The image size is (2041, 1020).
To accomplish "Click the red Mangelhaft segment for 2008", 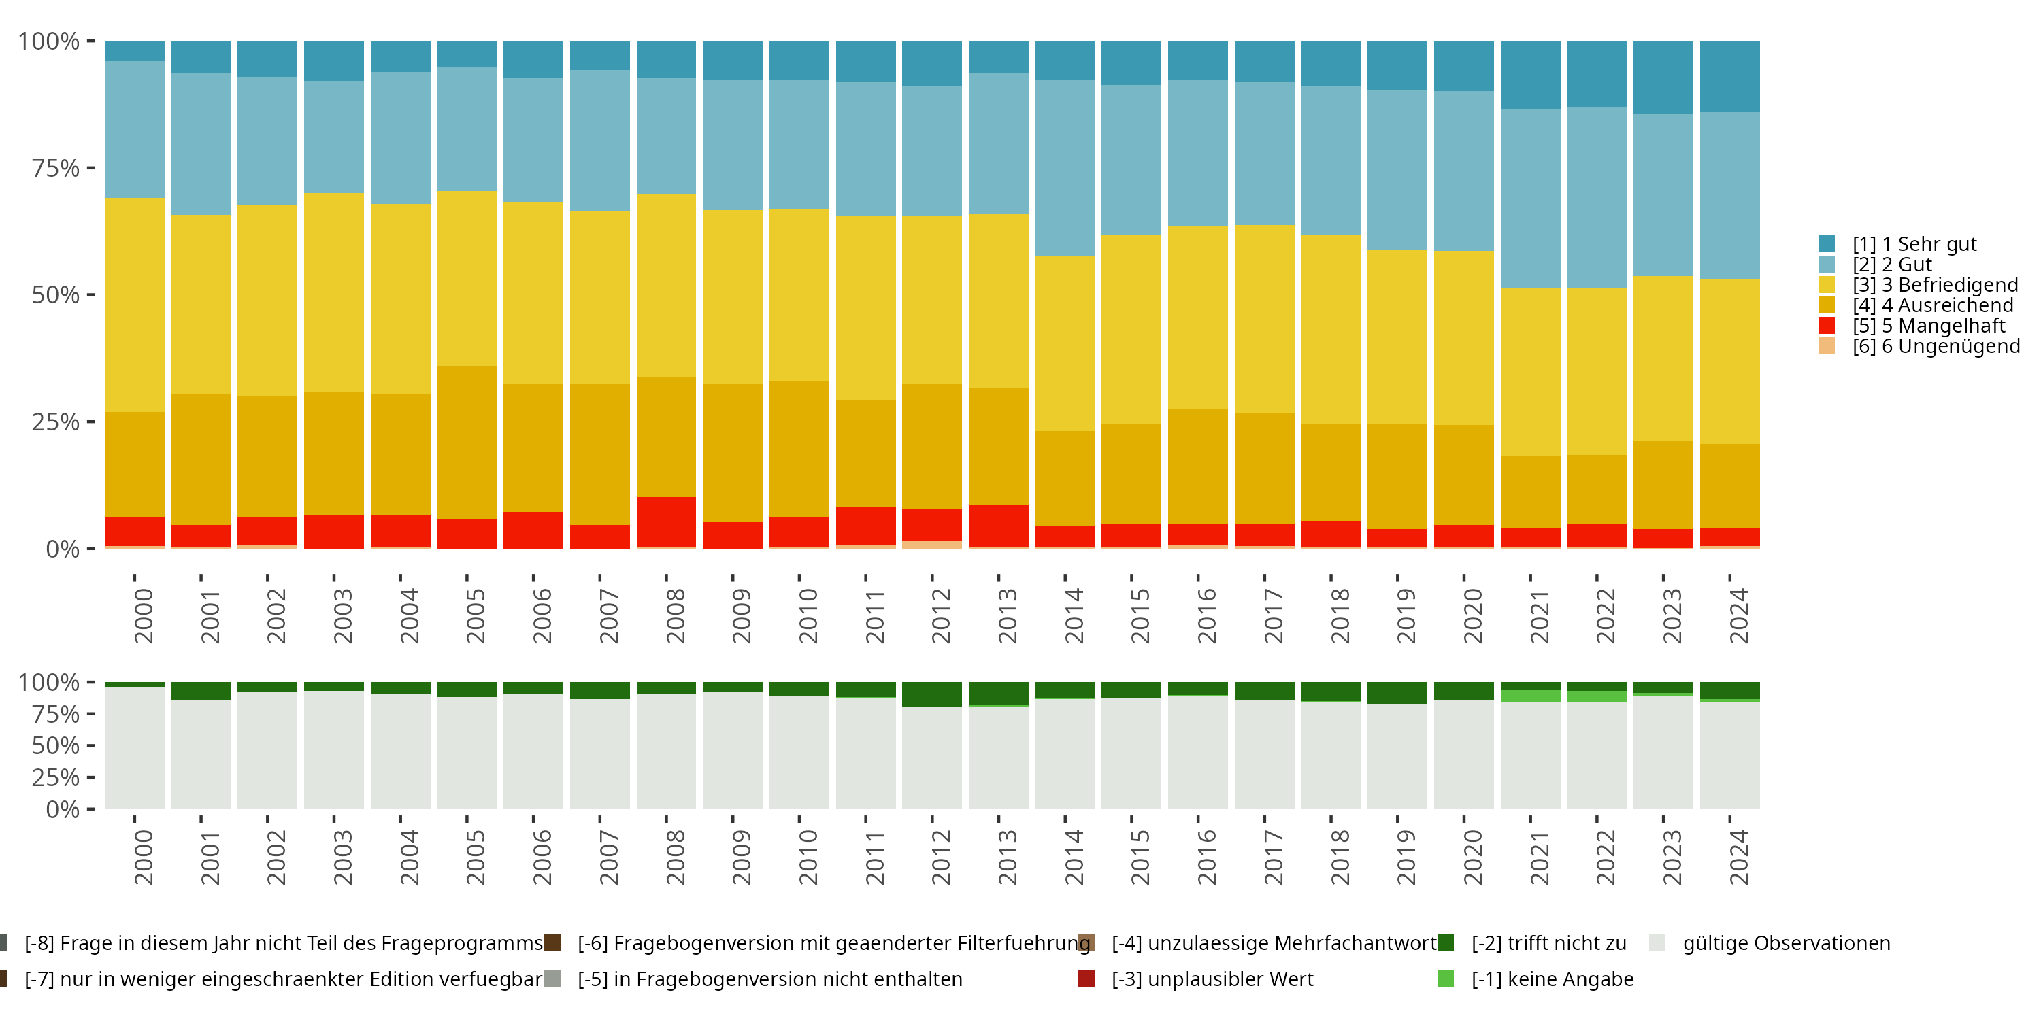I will pyautogui.click(x=665, y=521).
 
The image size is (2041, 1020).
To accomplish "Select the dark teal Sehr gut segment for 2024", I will pyautogui.click(x=1729, y=76).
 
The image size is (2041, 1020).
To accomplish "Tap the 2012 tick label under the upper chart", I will pyautogui.click(x=940, y=616).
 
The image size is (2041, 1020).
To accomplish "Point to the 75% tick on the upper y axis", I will pyautogui.click(x=56, y=168).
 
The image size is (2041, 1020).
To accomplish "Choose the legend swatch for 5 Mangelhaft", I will pyautogui.click(x=1826, y=326).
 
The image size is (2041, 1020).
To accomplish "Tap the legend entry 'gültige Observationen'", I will pyautogui.click(x=1785, y=943).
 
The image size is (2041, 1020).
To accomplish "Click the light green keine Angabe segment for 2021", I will pyautogui.click(x=1530, y=696).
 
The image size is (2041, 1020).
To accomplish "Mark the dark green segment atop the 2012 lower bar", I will pyautogui.click(x=932, y=694).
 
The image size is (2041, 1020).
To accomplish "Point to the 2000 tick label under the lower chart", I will pyautogui.click(x=144, y=857).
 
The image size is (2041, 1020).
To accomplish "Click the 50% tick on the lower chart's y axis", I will pyautogui.click(x=56, y=745).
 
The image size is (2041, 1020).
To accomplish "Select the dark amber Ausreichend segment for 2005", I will pyautogui.click(x=467, y=442).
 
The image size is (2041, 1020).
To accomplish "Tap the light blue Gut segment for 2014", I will pyautogui.click(x=1065, y=168).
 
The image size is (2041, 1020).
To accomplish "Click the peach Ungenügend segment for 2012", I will pyautogui.click(x=932, y=545).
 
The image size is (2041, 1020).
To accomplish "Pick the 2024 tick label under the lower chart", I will pyautogui.click(x=1738, y=857).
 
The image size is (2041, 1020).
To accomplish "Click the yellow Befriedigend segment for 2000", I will pyautogui.click(x=135, y=305).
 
